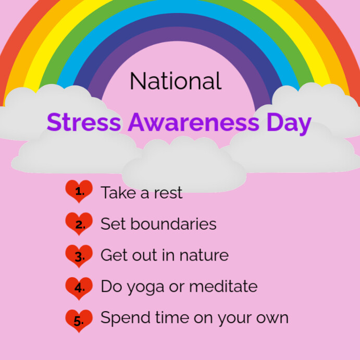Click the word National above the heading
coord(176,81)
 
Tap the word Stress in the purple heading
coord(84,123)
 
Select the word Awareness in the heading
coord(193,123)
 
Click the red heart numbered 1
coord(79,192)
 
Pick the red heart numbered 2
coord(79,225)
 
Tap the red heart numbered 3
coord(79,256)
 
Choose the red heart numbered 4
coord(79,288)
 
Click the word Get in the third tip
coord(113,256)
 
